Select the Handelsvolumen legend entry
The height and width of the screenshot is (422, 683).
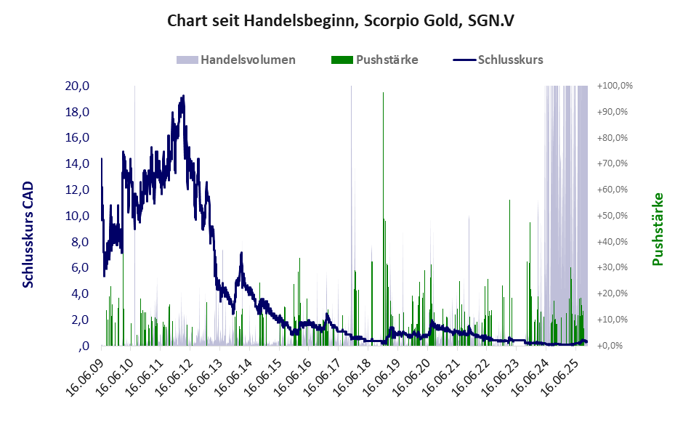(236, 60)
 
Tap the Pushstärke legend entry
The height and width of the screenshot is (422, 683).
(374, 60)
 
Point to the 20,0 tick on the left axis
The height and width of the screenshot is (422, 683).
(77, 86)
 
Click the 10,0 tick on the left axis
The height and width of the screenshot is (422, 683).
(77, 216)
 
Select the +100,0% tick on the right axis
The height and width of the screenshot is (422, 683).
(615, 86)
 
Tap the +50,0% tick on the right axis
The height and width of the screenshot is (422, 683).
(615, 216)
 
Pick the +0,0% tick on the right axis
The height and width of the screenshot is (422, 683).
(615, 346)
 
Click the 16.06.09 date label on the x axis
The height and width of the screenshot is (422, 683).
(86, 378)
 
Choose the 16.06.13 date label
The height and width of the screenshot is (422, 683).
(204, 378)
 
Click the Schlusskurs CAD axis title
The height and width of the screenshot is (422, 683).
(28, 235)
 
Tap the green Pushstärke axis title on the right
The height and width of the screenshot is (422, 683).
(658, 229)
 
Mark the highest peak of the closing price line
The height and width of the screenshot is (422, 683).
(183, 95)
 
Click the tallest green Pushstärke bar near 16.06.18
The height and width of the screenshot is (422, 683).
(384, 218)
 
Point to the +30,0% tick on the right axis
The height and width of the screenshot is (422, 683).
(615, 267)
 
